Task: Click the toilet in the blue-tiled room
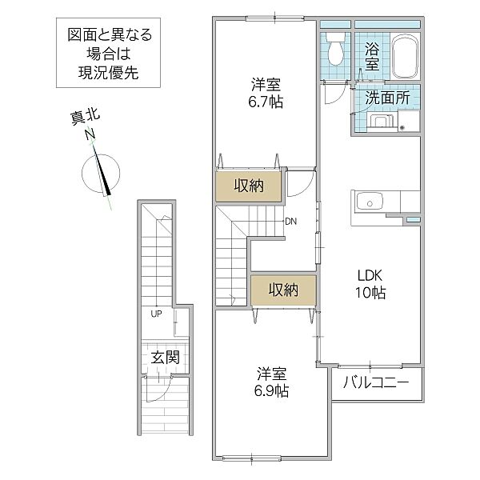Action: pyautogui.click(x=335, y=49)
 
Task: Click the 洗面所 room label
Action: pyautogui.click(x=387, y=98)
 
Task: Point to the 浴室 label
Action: pyautogui.click(x=372, y=57)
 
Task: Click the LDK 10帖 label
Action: pyautogui.click(x=370, y=284)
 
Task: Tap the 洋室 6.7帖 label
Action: pyautogui.click(x=266, y=93)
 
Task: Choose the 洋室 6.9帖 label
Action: pyautogui.click(x=271, y=382)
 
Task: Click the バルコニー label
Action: pyautogui.click(x=376, y=382)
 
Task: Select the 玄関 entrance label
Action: pyautogui.click(x=166, y=358)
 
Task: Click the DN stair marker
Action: pyautogui.click(x=291, y=222)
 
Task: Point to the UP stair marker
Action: pyautogui.click(x=156, y=314)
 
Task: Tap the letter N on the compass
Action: pyautogui.click(x=90, y=134)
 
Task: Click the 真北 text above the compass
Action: pyautogui.click(x=86, y=118)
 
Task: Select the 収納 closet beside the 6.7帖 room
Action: pyautogui.click(x=249, y=186)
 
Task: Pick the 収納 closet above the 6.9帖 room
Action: pyautogui.click(x=283, y=290)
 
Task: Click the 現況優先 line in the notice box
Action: pyautogui.click(x=108, y=73)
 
